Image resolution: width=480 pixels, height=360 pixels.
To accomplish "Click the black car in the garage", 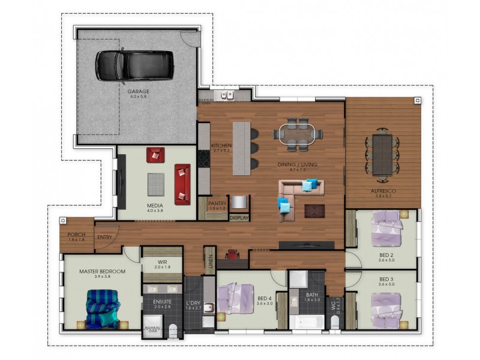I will click(x=135, y=64).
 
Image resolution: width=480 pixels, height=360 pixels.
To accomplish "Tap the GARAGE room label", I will click(x=139, y=91).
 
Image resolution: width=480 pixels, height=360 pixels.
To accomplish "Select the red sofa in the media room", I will click(x=182, y=183).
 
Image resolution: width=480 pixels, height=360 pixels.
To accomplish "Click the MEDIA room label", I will click(x=155, y=205).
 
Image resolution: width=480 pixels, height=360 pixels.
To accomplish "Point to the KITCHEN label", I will click(x=221, y=146).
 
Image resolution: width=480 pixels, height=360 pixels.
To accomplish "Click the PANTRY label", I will click(x=217, y=203).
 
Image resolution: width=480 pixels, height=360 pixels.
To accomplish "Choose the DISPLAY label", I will click(x=239, y=218).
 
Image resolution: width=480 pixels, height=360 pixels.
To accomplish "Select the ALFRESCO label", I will click(x=382, y=190).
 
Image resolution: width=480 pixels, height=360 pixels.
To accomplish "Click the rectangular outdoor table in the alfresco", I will click(x=382, y=154).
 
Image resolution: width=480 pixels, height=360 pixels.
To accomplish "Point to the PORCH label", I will click(x=76, y=235).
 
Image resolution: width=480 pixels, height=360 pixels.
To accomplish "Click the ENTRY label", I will click(x=104, y=237).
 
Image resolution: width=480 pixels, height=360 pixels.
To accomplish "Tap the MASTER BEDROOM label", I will click(x=102, y=271).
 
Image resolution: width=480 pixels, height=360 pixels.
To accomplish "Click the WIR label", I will click(x=163, y=262).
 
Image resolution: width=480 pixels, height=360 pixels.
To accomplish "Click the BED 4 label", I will click(x=265, y=298).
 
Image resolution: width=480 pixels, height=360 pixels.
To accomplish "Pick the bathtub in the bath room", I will click(x=306, y=320).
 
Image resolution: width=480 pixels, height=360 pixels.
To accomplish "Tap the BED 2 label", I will click(x=386, y=255).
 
